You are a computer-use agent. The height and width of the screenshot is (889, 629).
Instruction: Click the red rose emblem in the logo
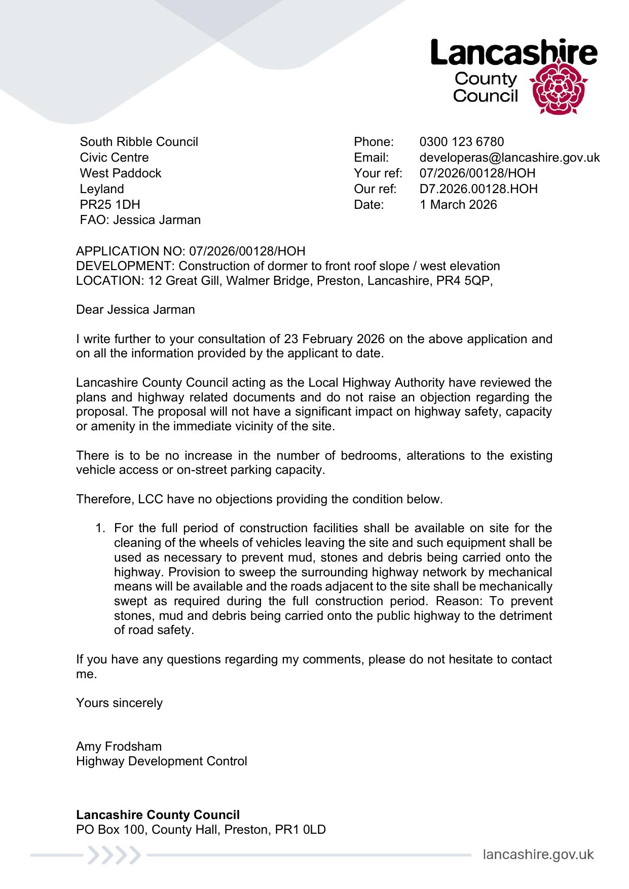pyautogui.click(x=558, y=88)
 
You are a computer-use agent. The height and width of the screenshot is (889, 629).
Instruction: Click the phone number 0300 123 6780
pyautogui.click(x=461, y=142)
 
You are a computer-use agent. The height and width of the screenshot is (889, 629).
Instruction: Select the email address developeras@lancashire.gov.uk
pyautogui.click(x=509, y=158)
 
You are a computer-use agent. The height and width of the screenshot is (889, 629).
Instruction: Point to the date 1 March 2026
pyautogui.click(x=458, y=205)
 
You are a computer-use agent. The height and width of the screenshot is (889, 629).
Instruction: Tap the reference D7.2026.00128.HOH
pyautogui.click(x=478, y=189)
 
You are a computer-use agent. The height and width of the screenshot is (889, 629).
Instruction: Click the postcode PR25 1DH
pyautogui.click(x=110, y=205)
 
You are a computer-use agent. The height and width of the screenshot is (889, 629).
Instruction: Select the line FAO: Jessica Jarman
pyautogui.click(x=140, y=220)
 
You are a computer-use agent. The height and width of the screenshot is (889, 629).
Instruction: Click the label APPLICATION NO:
pyautogui.click(x=131, y=251)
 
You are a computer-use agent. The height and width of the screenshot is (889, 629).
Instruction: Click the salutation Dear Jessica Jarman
pyautogui.click(x=135, y=310)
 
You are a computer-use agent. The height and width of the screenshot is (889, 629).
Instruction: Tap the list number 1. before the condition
pyautogui.click(x=100, y=528)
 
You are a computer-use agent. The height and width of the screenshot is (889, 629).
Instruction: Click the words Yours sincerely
pyautogui.click(x=119, y=703)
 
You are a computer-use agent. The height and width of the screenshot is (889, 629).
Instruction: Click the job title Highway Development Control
pyautogui.click(x=161, y=761)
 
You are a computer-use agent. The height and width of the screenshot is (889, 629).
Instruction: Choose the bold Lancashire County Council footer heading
pyautogui.click(x=158, y=815)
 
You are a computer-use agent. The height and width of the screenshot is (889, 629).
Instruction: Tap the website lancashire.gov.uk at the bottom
pyautogui.click(x=538, y=855)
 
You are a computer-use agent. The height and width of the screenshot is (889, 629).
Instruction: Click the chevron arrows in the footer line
pyautogui.click(x=113, y=855)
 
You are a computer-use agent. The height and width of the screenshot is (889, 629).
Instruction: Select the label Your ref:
pyautogui.click(x=378, y=173)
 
